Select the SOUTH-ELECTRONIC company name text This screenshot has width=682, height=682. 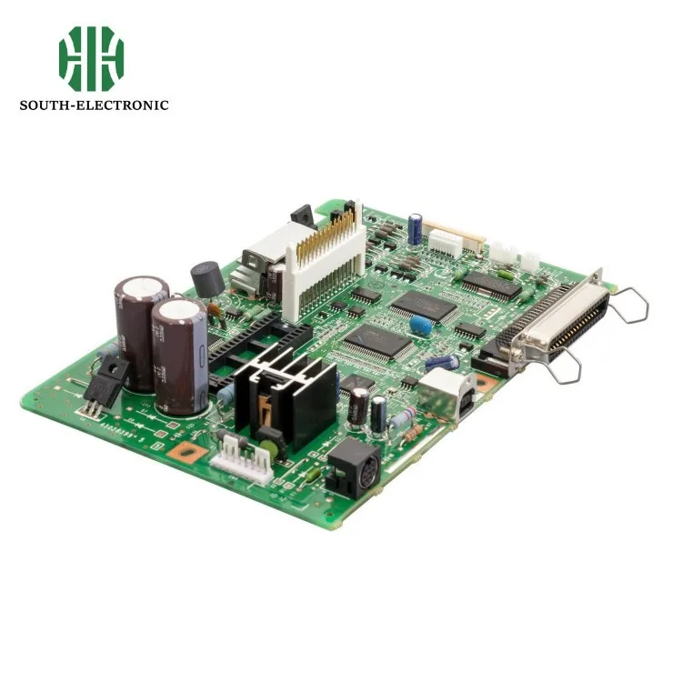94,105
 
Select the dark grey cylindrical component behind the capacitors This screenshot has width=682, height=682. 207,277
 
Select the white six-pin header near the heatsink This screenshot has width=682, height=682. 241,453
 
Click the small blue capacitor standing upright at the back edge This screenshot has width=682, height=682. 415,227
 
